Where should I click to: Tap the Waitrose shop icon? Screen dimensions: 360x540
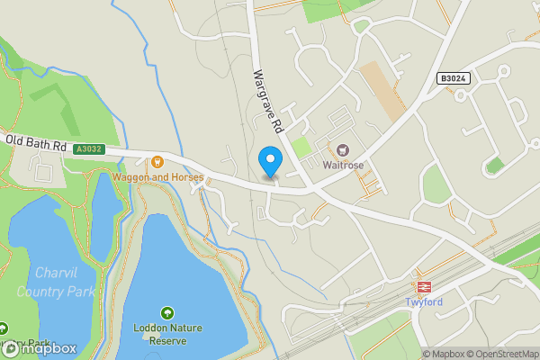pyautogui.click(x=342, y=149)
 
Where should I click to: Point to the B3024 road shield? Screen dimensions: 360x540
pyautogui.click(x=454, y=79)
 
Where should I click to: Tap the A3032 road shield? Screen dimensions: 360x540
pyautogui.click(x=90, y=149)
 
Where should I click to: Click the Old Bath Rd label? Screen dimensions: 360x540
pyautogui.click(x=36, y=142)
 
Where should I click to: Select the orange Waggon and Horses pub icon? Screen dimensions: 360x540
pyautogui.click(x=157, y=162)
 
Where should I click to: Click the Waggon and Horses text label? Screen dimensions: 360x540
pyautogui.click(x=157, y=177)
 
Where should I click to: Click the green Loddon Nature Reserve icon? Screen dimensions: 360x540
pyautogui.click(x=166, y=313)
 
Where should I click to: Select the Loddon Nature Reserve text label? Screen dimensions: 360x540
pyautogui.click(x=166, y=334)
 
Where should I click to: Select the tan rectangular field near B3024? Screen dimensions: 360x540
pyautogui.click(x=383, y=90)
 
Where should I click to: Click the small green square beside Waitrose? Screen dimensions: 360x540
pyautogui.click(x=302, y=146)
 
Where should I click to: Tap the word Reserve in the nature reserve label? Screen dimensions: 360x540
pyautogui.click(x=166, y=341)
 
